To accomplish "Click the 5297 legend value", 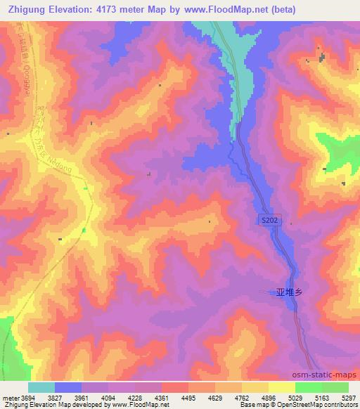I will pyautogui.click(x=340, y=398).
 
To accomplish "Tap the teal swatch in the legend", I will pyautogui.click(x=41, y=387).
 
